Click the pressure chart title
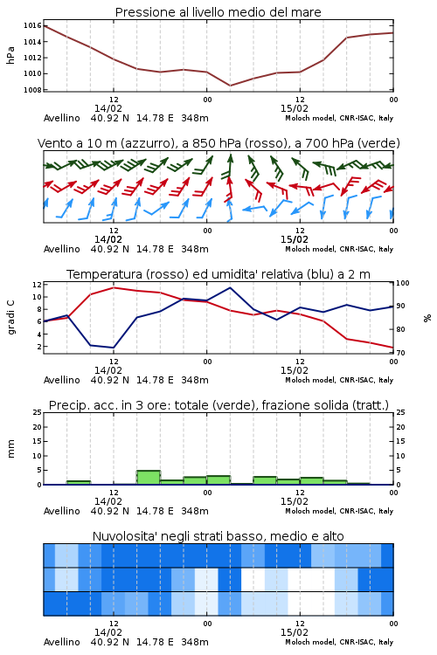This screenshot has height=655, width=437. tap(218, 12)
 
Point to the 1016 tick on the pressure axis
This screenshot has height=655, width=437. tap(32, 26)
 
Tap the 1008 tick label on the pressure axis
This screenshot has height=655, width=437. tap(32, 90)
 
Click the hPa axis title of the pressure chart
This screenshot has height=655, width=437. tap(10, 55)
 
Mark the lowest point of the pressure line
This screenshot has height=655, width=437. tap(230, 86)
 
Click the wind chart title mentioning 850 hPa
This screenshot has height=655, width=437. tap(218, 143)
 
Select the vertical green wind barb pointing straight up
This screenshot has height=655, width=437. tap(230, 166)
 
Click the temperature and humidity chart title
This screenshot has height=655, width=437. tap(218, 274)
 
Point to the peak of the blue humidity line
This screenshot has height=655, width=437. tap(230, 287)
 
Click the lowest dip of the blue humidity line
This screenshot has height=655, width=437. tap(114, 348)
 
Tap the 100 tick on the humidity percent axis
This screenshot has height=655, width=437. tap(403, 283)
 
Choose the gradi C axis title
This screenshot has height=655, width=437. tap(11, 318)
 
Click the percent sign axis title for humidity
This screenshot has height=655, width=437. tap(427, 318)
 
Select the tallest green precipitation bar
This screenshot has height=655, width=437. tap(149, 478)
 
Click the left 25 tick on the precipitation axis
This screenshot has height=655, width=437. tap(38, 412)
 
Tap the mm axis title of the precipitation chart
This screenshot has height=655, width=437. tap(10, 449)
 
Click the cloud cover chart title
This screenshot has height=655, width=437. tap(218, 536)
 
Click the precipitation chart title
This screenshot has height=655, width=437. tap(218, 405)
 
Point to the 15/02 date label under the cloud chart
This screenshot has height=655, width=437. tap(295, 632)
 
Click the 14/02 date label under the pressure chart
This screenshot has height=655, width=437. tap(108, 108)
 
